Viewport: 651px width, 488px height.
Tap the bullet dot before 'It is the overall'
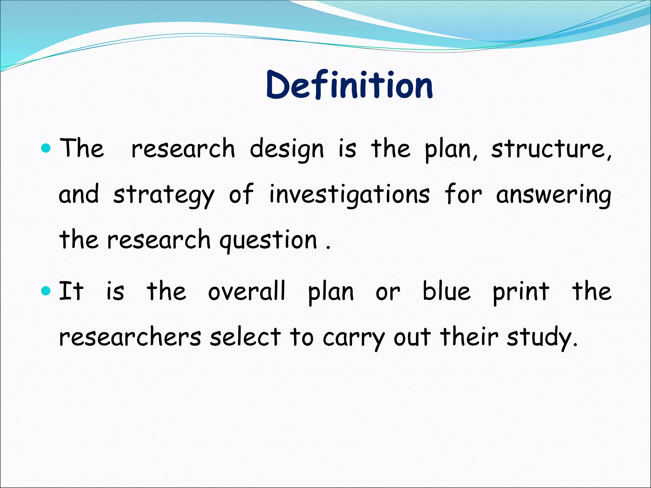(46, 290)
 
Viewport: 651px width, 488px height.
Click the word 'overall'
(247, 292)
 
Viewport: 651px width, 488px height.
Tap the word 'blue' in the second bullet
(446, 292)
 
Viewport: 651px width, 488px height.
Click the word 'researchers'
(130, 337)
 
